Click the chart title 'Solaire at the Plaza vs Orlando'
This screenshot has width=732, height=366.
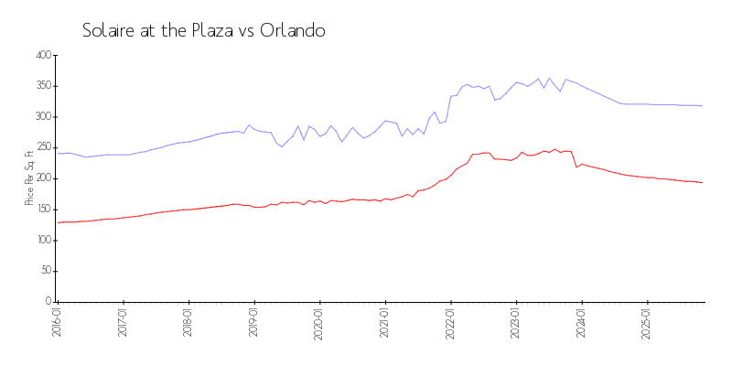click(203, 30)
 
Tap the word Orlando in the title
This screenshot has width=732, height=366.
click(293, 30)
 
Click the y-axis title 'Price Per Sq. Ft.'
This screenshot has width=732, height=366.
click(30, 178)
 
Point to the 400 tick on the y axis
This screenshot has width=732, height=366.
click(42, 56)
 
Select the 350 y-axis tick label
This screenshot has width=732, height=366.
click(42, 87)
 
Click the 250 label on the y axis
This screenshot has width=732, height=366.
click(42, 148)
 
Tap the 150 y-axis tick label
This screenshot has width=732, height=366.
click(42, 210)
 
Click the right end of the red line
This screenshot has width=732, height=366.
click(703, 182)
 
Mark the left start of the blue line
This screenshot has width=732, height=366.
click(58, 153)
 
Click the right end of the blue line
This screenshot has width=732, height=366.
click(703, 106)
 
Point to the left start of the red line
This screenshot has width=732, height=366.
click(58, 222)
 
